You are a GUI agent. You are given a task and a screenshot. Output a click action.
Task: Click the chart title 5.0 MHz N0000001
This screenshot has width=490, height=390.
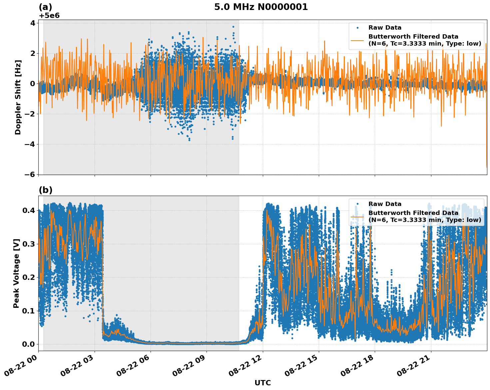click(x=261, y=7)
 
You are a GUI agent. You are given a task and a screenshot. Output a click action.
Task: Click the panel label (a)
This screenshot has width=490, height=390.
click(x=45, y=7)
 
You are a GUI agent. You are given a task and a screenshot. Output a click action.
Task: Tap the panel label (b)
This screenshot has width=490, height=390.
click(x=45, y=190)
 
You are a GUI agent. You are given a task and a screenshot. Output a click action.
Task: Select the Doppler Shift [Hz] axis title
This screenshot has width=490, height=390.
click(x=18, y=97)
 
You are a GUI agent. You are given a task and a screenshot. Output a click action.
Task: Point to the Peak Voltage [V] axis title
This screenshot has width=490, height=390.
click(x=16, y=273)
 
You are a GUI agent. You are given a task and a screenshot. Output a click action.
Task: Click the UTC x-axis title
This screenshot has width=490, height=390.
click(x=262, y=383)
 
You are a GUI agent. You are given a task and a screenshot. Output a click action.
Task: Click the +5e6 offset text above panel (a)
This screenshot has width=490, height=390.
click(x=49, y=16)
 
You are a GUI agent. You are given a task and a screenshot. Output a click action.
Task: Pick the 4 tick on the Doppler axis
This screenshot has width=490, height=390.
click(x=33, y=23)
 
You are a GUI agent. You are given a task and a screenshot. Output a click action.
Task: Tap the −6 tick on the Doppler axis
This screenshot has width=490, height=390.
click(x=30, y=175)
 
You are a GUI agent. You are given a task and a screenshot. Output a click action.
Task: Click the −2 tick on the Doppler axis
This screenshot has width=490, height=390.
click(x=30, y=114)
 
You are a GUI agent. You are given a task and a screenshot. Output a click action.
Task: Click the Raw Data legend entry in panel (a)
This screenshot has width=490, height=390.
click(x=385, y=28)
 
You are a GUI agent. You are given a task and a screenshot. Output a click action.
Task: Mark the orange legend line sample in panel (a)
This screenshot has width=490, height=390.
click(x=357, y=40)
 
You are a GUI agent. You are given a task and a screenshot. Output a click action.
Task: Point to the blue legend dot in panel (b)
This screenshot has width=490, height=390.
click(x=357, y=204)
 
